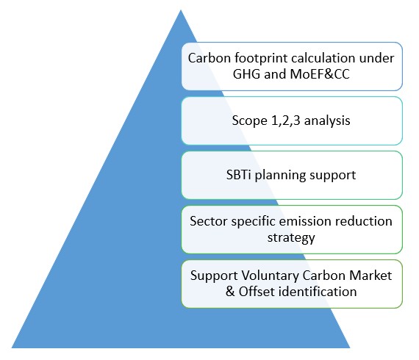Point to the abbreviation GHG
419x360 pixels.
pos(246,74)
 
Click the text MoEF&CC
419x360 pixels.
pos(320,74)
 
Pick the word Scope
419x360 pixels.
pos(250,121)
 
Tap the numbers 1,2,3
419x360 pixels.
pos(286,120)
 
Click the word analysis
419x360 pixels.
pos(327,121)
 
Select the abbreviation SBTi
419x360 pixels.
pos(239,175)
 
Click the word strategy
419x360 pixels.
pos(291,238)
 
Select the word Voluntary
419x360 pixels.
pos(270,276)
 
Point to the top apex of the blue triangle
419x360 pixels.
pos(181,10)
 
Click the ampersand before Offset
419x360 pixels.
pos(230,292)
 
